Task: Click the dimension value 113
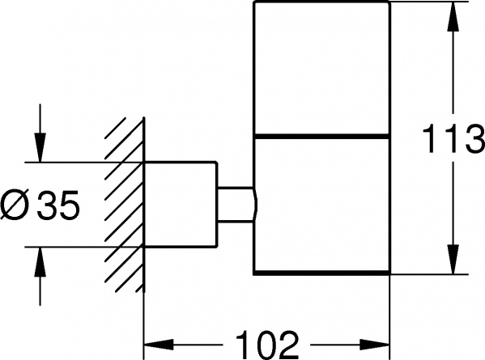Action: point(453,138)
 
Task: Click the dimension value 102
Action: point(267,345)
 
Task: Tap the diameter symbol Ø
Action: point(15,205)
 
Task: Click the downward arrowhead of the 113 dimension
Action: point(453,259)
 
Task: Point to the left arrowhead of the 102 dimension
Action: point(159,345)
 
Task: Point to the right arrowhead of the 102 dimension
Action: point(374,345)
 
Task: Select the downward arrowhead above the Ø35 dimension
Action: point(40,147)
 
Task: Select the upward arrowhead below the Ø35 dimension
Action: point(40,262)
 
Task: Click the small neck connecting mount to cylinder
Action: point(236,204)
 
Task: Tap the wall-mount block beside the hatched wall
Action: point(181,204)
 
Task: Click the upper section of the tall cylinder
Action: point(321,68)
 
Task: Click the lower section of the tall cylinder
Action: point(321,205)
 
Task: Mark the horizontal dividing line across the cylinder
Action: point(321,136)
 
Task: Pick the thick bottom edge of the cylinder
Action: point(321,273)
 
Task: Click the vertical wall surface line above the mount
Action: point(144,139)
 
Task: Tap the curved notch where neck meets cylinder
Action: point(255,204)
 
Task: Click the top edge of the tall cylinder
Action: point(321,2)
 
